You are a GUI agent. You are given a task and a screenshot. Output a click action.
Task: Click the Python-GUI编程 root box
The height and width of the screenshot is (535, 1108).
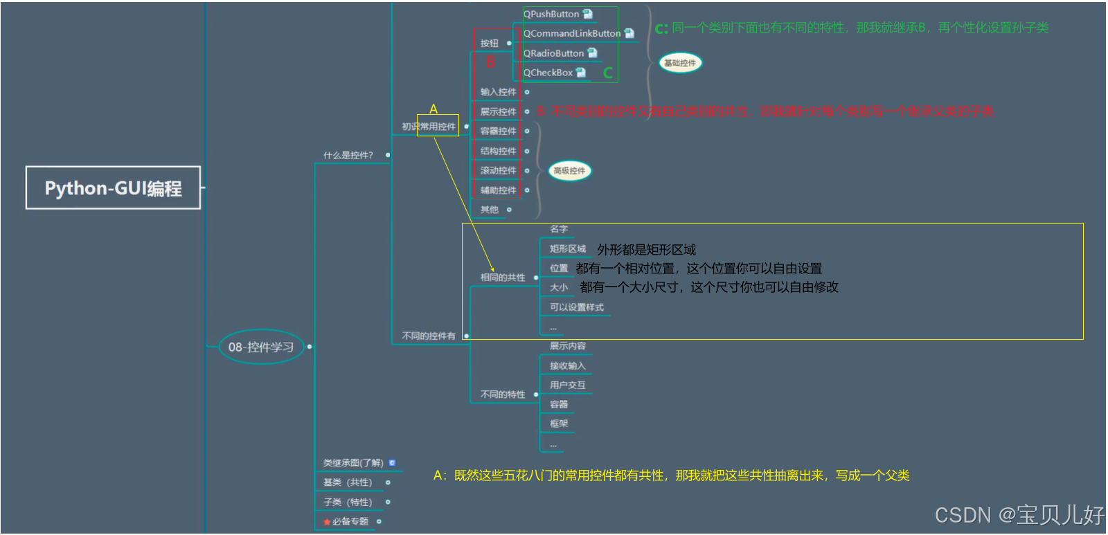[x=113, y=188]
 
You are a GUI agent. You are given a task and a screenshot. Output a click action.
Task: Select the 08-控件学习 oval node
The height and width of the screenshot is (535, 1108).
[x=261, y=347]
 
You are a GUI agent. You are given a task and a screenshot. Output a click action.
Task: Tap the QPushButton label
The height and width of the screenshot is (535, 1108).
[x=551, y=14]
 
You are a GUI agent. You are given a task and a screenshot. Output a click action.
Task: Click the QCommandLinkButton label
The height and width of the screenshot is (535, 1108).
[x=572, y=33]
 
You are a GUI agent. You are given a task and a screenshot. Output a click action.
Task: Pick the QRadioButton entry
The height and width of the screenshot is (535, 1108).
[x=554, y=53]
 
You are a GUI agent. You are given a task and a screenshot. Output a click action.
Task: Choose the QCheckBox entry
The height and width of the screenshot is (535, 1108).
[x=548, y=73]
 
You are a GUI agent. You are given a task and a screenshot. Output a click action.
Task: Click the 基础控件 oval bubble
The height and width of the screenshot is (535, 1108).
[x=680, y=63]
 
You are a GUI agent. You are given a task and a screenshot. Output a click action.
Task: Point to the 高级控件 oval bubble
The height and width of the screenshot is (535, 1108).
[x=569, y=170]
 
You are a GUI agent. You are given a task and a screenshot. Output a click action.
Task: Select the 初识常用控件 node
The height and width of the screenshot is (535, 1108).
[x=429, y=127]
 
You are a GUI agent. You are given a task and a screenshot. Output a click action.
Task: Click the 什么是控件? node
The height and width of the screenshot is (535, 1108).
[x=348, y=155]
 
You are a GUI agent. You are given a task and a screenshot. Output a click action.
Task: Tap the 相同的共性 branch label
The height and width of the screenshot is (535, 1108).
[x=503, y=278]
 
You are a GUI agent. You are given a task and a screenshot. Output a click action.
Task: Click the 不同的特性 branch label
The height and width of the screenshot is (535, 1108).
[x=503, y=395]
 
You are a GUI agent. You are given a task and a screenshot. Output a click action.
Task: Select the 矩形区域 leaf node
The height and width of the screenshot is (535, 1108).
[x=568, y=248]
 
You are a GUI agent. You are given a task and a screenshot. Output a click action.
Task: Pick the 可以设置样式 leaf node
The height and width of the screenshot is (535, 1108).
[x=577, y=307]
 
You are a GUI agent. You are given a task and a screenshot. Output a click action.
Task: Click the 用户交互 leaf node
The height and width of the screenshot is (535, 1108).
[x=568, y=385]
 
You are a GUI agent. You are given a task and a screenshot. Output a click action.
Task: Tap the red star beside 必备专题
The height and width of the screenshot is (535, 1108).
[x=327, y=522]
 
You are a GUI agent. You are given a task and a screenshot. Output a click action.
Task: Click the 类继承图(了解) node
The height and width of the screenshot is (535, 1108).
[x=353, y=463]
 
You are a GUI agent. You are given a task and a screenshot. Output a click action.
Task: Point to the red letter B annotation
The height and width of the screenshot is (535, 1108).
[x=490, y=62]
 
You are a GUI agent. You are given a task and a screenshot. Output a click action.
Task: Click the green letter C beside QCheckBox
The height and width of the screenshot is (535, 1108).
[x=608, y=73]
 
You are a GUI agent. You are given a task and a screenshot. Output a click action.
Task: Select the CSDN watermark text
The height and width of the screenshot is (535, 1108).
[x=1019, y=515]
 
